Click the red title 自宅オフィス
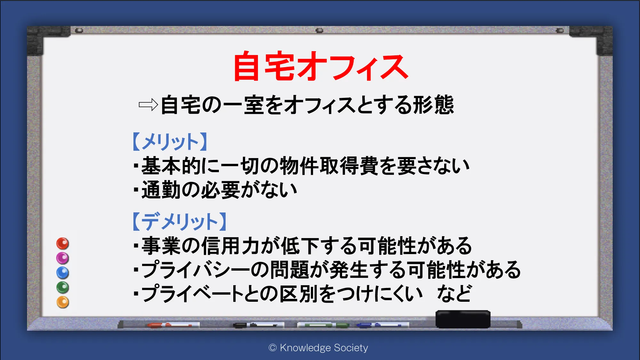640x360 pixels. tap(321, 66)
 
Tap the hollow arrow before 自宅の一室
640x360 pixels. tap(148, 105)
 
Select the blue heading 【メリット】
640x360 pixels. tap(170, 142)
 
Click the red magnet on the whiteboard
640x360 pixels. tap(63, 243)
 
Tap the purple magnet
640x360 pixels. tap(63, 258)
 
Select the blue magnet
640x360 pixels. tap(63, 273)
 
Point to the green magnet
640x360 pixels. tap(63, 287)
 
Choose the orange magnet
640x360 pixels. tap(63, 302)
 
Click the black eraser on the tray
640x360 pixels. tap(463, 319)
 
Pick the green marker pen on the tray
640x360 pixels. tap(323, 325)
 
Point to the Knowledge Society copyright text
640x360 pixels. tap(318, 348)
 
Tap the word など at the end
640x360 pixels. tap(454, 293)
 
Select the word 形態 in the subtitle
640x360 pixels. tap(433, 105)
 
